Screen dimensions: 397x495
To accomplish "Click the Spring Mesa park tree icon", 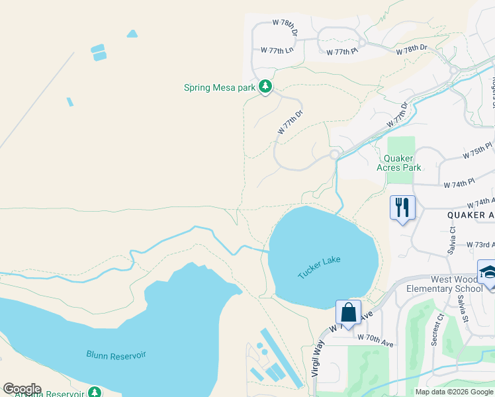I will tap(265, 87).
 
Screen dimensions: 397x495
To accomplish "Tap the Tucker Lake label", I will tap(319, 267).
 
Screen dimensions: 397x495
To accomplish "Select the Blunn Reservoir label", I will tap(116, 355).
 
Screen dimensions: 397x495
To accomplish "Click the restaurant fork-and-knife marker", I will tap(402, 208).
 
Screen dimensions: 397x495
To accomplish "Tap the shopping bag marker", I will tap(348, 312).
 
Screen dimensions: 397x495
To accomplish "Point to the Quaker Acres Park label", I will tap(399, 163).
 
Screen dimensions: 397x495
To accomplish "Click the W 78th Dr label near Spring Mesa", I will tap(285, 22).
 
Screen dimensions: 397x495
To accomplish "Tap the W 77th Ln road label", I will tap(277, 50).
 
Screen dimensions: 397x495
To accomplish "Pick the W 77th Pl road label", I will tap(341, 50).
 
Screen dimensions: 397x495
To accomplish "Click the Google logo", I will tap(22, 389).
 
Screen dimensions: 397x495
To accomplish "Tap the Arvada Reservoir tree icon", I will tap(95, 392).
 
